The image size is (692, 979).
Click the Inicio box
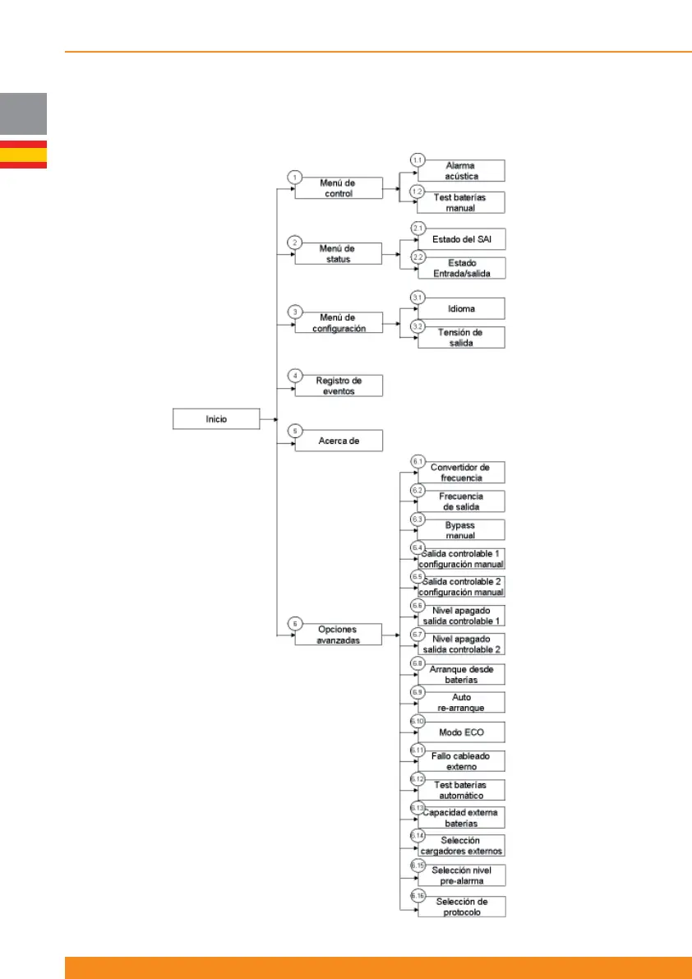point(216,419)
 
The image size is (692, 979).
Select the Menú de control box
point(339,188)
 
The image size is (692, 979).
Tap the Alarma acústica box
point(460,170)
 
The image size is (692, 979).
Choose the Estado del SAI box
point(460,239)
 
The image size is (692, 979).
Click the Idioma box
point(460,308)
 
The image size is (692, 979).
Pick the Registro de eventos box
point(339,386)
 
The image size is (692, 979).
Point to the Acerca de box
point(339,441)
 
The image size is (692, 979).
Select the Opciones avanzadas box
point(339,635)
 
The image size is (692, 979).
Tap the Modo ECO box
point(460,732)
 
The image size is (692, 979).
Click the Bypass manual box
point(460,530)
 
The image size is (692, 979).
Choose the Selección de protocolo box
point(460,907)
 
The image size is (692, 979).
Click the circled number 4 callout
point(293,376)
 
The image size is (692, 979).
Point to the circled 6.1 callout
point(418,462)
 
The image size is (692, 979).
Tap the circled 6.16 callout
point(418,896)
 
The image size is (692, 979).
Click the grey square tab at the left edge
point(23,113)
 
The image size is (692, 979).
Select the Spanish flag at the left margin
point(23,155)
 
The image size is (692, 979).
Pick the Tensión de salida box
point(460,337)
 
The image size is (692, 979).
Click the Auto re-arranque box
point(460,702)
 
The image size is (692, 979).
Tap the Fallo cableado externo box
point(460,760)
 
